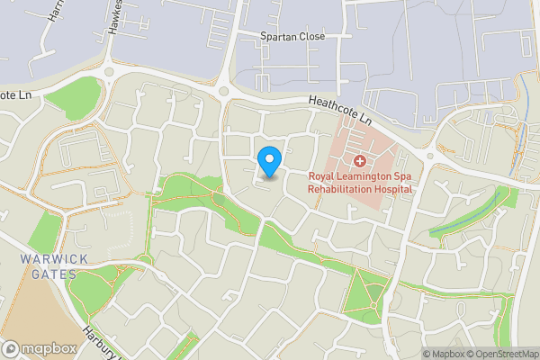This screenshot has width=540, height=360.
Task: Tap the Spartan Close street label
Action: pos(292,36)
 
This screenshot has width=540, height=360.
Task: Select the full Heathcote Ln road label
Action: pos(339,110)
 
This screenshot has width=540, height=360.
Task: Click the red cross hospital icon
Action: pos(359,161)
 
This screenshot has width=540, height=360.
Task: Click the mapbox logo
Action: pos(38,348)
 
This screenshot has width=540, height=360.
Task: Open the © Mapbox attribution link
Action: pos(446,354)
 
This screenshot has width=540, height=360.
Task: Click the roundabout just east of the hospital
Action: pos(430,155)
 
